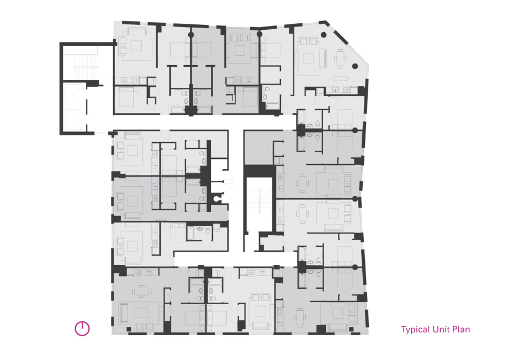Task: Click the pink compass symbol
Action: [82, 328]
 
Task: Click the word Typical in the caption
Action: [415, 330]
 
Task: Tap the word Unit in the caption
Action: [441, 329]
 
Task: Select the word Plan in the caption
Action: [461, 329]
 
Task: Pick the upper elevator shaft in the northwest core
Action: [74, 94]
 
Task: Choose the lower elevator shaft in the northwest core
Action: [74, 120]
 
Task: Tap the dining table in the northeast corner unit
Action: [341, 58]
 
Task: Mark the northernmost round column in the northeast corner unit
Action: [324, 34]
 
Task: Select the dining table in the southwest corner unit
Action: [142, 291]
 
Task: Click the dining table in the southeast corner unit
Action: [300, 317]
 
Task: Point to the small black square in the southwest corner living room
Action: [129, 329]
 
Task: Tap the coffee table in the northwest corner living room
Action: [136, 46]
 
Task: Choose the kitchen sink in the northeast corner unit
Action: [336, 89]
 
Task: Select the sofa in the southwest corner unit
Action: [124, 313]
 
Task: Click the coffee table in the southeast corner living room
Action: [338, 313]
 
